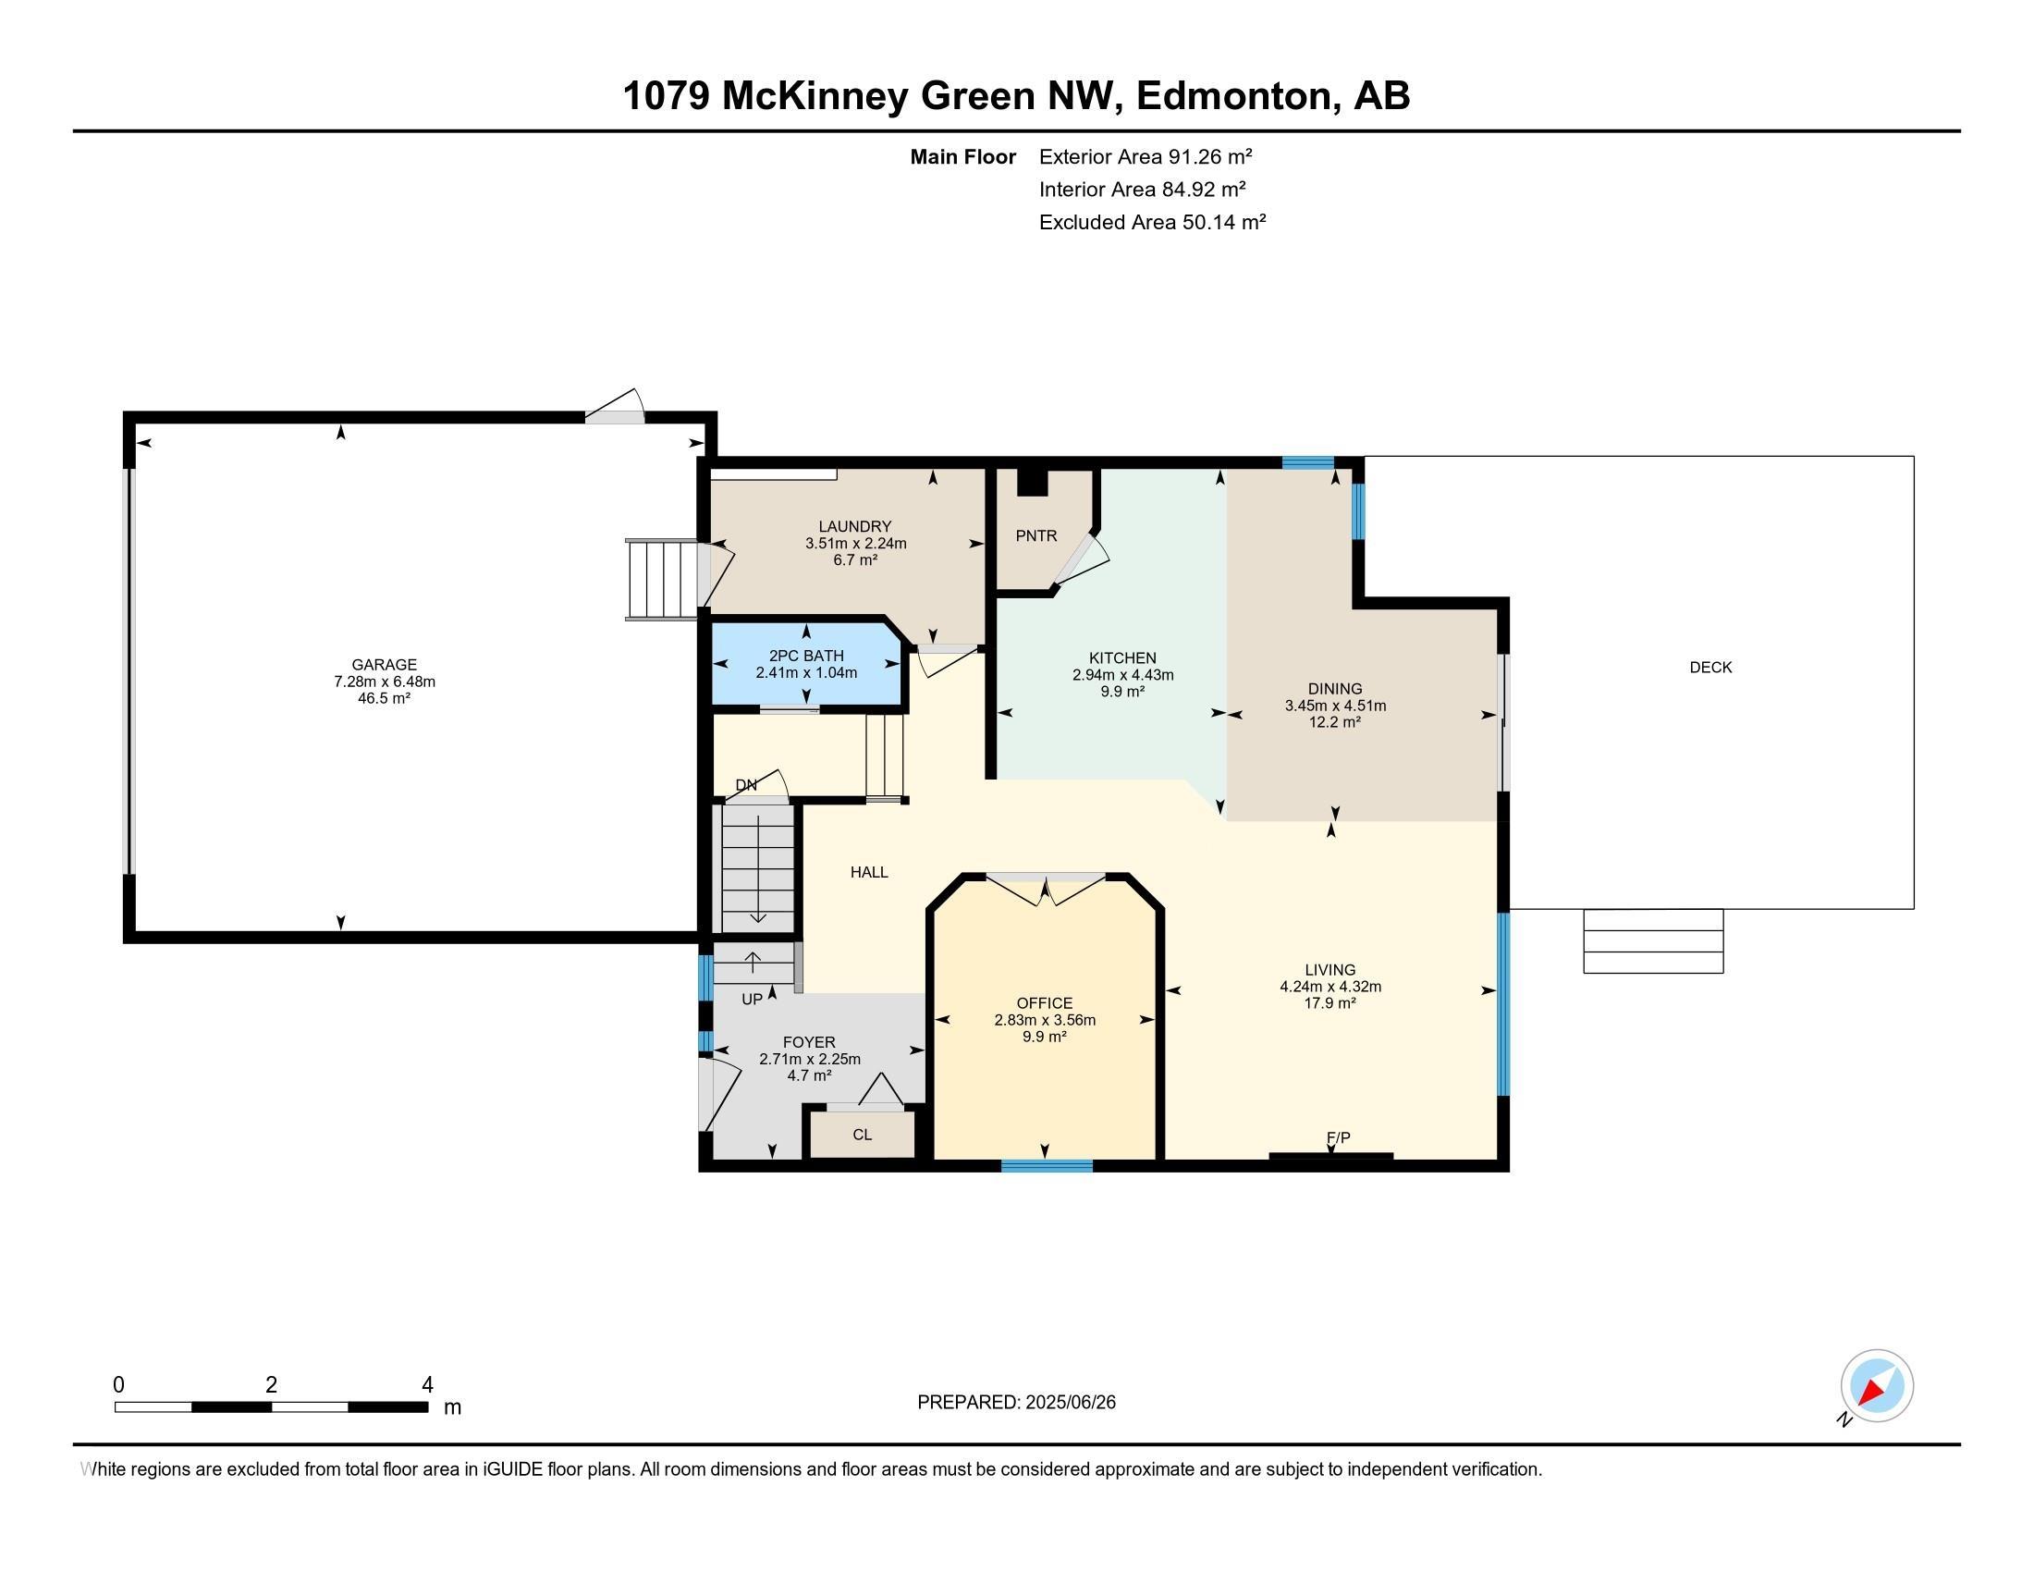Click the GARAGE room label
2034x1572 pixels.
tap(384, 665)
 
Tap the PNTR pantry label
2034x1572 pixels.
tap(1035, 536)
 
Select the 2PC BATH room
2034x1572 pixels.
tap(805, 664)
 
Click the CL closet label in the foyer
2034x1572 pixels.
tap(862, 1135)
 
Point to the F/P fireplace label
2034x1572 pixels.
tap(1339, 1137)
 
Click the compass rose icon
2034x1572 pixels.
tap(1877, 1386)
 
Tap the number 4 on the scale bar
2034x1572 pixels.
tap(427, 1385)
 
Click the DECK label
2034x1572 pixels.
tap(1709, 667)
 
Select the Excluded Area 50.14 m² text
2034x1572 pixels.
tap(1152, 223)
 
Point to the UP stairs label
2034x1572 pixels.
tap(752, 1000)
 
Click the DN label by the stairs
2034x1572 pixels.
tap(746, 785)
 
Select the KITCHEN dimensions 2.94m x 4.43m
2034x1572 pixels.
tap(1122, 675)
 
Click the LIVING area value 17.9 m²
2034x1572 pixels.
tap(1329, 1003)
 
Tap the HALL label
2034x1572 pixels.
tap(869, 873)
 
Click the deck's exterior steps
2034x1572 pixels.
tap(1652, 940)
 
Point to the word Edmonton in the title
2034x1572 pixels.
tap(1233, 97)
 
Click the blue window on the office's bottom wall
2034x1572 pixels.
tap(1046, 1165)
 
